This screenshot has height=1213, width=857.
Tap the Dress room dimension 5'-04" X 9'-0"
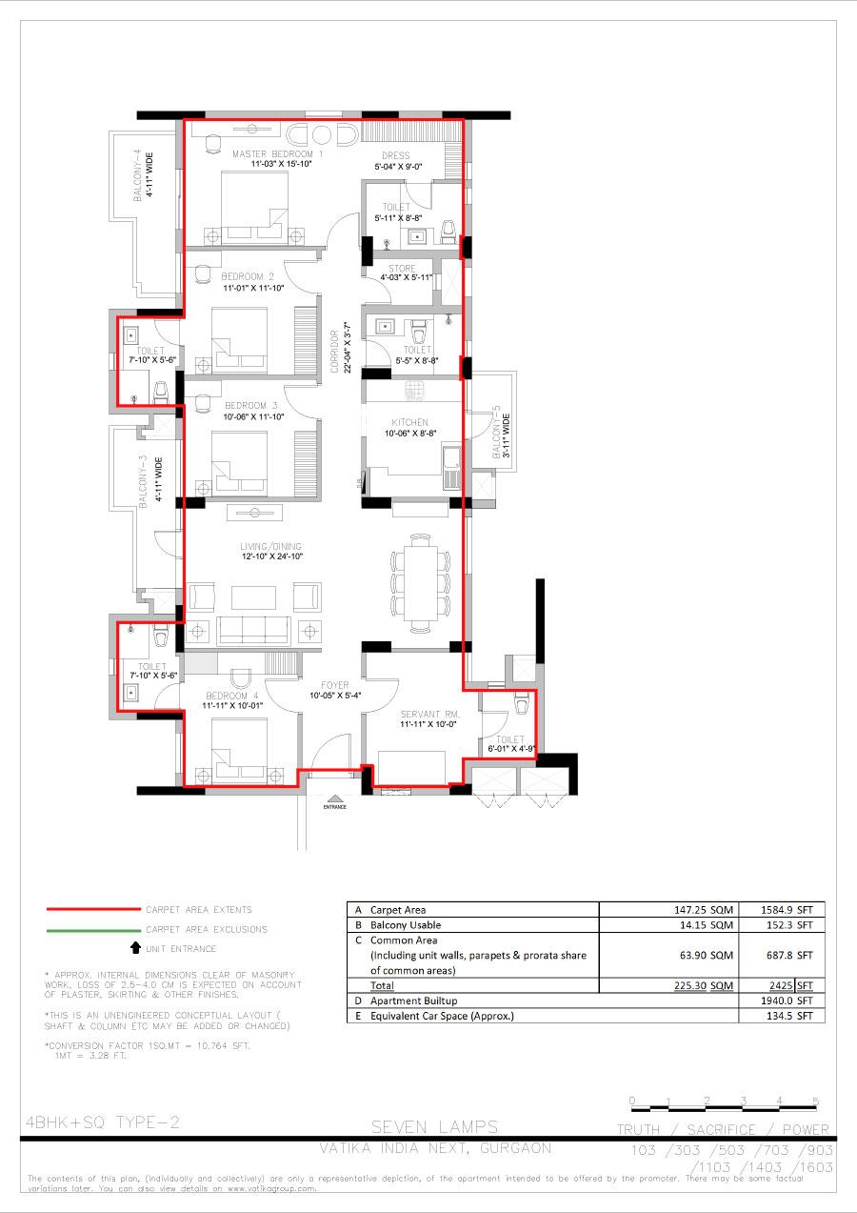(397, 167)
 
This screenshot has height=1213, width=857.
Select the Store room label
(402, 269)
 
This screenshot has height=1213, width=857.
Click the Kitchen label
(409, 422)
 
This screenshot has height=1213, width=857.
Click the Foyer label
(335, 685)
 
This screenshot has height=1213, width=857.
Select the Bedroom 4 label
(228, 696)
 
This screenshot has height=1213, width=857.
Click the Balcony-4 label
(138, 174)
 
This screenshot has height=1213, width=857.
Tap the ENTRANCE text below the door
(334, 807)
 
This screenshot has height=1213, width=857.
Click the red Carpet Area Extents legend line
(87, 910)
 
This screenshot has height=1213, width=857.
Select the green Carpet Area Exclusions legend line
(87, 929)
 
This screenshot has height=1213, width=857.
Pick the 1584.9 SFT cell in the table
(781, 909)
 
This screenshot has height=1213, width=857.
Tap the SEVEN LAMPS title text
(435, 1128)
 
